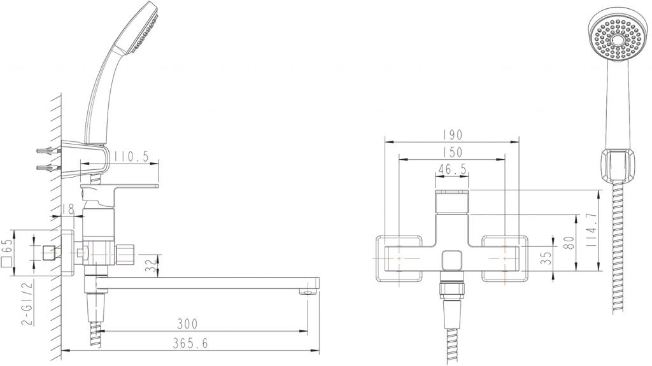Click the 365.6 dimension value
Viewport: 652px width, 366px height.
[x=190, y=343]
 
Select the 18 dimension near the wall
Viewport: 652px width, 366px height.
[x=69, y=208]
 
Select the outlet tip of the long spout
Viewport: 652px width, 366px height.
[x=308, y=292]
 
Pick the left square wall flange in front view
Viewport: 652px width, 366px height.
[x=399, y=258]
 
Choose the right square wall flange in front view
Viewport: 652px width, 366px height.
[x=505, y=258]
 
